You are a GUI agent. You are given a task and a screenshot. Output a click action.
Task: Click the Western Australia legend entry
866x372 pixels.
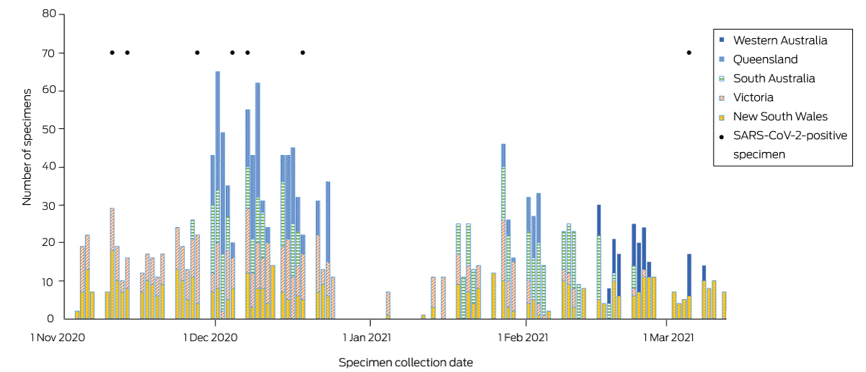pos(780,40)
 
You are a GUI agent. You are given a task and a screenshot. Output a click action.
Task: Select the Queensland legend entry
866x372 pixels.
pos(766,59)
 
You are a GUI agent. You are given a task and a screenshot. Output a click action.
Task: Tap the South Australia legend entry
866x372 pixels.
pos(774,79)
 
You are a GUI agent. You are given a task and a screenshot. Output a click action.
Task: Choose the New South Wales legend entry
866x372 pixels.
pos(780,116)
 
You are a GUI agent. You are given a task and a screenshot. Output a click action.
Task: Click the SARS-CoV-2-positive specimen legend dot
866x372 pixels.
pos(722,135)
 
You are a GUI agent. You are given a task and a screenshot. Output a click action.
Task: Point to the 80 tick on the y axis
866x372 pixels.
pos(48,14)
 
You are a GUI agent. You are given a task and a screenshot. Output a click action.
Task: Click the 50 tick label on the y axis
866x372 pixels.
pos(48,128)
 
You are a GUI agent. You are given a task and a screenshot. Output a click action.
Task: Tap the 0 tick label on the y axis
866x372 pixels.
pos(51,318)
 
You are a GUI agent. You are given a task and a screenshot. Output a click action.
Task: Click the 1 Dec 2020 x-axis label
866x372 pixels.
pos(211,337)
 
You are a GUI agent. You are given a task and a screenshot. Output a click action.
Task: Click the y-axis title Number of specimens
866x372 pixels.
pos(27,147)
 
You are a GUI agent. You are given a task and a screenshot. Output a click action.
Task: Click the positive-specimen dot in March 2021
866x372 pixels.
pos(689,52)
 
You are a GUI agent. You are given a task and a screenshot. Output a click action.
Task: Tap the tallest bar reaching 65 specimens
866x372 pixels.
pos(217,195)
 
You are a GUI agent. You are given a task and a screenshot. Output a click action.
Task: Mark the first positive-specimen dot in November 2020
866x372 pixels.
pos(112,52)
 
